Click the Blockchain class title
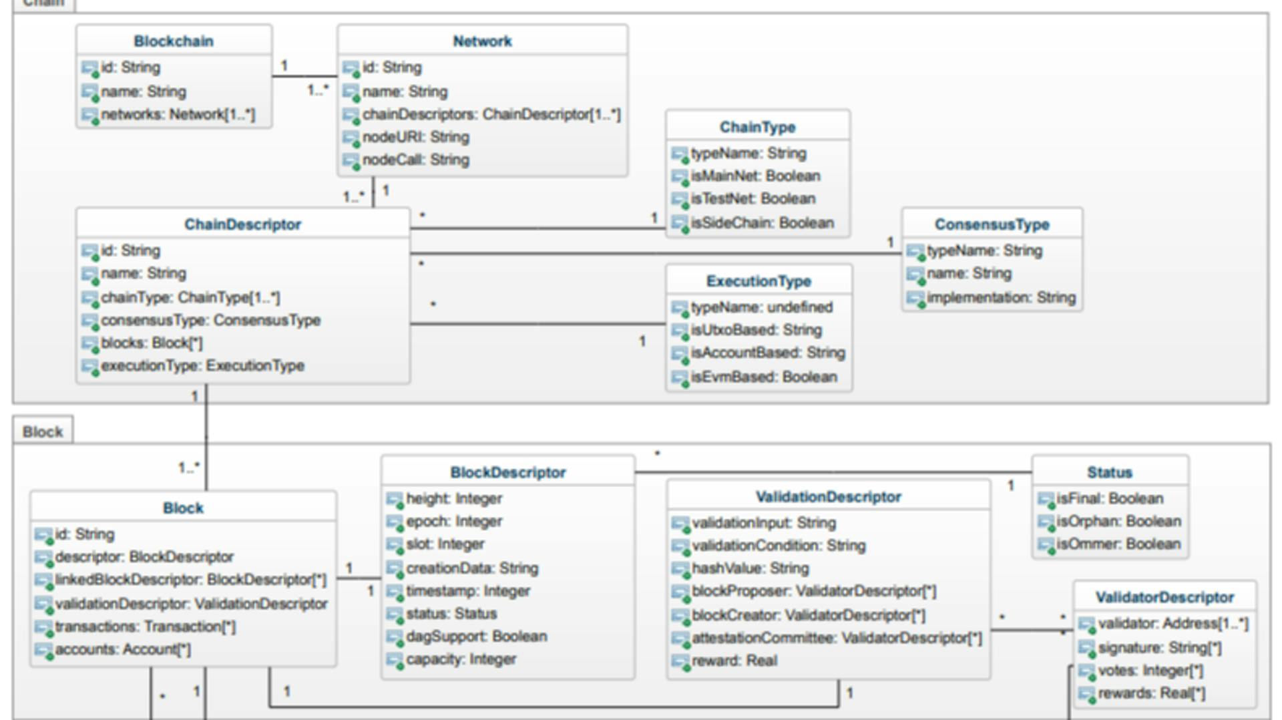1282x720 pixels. (x=174, y=41)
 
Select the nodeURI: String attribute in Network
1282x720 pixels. (x=415, y=137)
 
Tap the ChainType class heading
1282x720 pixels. (x=757, y=127)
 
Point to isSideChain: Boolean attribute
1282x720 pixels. (x=761, y=223)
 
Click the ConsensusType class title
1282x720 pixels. (x=992, y=224)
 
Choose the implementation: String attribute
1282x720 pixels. (x=1000, y=298)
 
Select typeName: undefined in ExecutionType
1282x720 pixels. (x=761, y=307)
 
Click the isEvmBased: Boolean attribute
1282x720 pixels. (x=763, y=377)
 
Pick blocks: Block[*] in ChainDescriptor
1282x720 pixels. (x=151, y=343)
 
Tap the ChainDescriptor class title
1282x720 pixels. (x=242, y=224)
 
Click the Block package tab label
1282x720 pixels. (x=43, y=432)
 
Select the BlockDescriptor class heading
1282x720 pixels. (x=507, y=473)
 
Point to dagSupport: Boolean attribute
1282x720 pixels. (x=476, y=637)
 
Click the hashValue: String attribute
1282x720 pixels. (x=750, y=568)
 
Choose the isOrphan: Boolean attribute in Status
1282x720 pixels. (x=1118, y=522)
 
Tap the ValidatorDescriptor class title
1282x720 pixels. (x=1164, y=598)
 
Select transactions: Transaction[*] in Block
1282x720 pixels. (x=145, y=627)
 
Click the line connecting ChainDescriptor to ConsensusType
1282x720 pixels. (x=654, y=254)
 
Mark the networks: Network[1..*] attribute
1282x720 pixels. (x=178, y=115)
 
